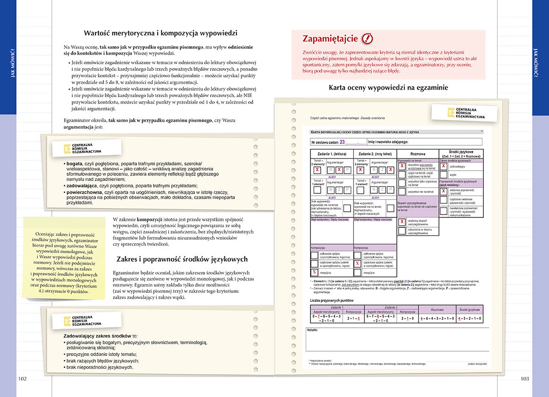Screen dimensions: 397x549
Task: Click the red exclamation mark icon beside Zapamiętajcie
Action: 367,39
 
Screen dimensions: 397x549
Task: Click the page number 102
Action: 22,378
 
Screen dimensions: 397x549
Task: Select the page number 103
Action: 524,378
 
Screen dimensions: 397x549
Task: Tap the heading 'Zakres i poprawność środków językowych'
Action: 182,259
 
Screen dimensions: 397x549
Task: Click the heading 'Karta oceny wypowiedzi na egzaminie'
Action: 388,87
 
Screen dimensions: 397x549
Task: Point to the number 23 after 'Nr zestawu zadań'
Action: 343,141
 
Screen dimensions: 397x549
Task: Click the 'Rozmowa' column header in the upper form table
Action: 418,154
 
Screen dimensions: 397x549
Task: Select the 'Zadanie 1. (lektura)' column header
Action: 331,154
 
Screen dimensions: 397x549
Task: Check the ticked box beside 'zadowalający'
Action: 444,166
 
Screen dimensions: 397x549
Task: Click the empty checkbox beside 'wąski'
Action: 444,174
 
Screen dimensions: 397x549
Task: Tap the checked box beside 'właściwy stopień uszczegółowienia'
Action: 402,222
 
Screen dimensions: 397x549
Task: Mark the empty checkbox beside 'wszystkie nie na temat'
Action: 402,192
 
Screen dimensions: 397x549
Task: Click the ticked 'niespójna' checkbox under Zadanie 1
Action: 314,273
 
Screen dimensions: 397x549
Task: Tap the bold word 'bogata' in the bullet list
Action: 75,163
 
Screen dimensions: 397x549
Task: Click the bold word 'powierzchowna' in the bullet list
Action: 87,192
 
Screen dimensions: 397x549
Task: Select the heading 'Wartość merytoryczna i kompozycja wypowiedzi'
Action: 161,33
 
